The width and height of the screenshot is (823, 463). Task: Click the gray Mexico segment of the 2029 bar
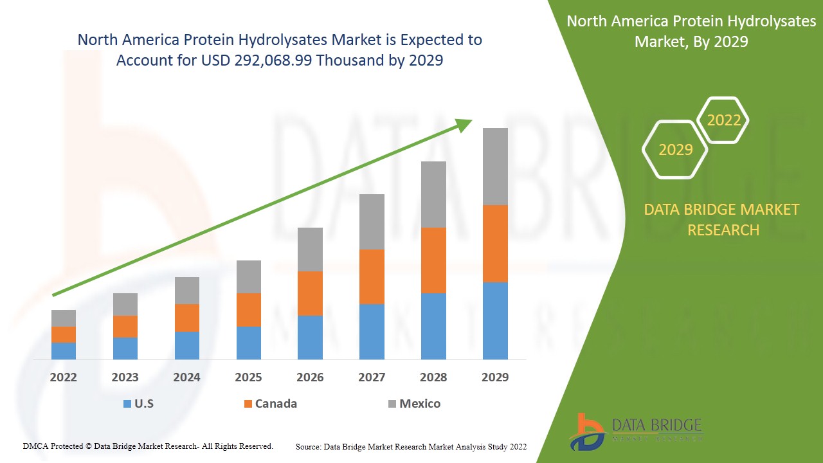[x=495, y=166]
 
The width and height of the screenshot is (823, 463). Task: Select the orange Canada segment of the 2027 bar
[x=372, y=277]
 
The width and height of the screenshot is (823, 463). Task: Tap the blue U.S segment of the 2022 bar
[x=64, y=350]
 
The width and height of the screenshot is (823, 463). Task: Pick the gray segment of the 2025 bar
[x=248, y=277]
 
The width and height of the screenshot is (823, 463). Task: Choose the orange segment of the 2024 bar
[x=186, y=318]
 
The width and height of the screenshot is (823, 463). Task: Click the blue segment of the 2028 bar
[x=433, y=326]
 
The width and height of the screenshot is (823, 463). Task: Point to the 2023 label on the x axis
[x=125, y=377]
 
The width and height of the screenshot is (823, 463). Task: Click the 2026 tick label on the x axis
[x=310, y=377]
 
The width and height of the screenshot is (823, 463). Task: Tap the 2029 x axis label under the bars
[x=495, y=377]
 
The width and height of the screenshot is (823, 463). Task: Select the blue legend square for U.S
[x=127, y=404]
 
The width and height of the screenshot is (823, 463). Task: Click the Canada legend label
[x=276, y=404]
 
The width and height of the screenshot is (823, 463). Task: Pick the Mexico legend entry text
[x=420, y=404]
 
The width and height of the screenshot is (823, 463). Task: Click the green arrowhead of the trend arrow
[x=464, y=125]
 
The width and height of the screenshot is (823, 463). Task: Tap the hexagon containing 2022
[x=723, y=120]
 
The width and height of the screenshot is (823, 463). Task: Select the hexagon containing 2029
[x=675, y=150]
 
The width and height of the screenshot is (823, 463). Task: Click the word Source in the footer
[x=309, y=446]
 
